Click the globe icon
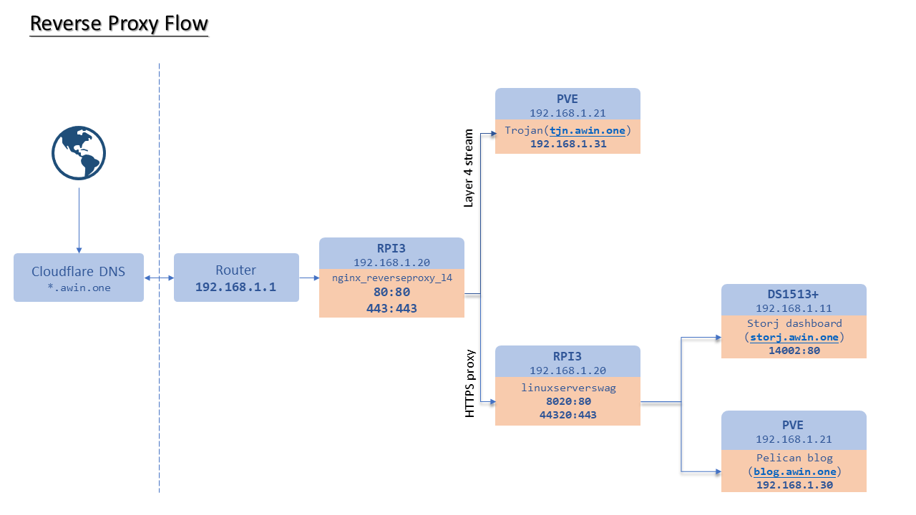[79, 152]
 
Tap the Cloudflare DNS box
[79, 277]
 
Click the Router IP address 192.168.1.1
[236, 287]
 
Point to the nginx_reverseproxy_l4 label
[391, 278]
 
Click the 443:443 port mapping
[391, 308]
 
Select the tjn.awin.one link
[589, 130]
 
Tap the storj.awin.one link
[794, 337]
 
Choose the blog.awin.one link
[794, 471]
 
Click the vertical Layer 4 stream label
[469, 168]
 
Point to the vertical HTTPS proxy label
[470, 383]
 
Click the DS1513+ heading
[794, 295]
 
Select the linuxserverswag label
[568, 388]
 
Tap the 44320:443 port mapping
[568, 415]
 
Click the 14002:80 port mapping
[794, 350]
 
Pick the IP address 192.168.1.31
[568, 144]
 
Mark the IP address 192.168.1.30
[794, 485]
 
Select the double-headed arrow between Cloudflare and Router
[159, 278]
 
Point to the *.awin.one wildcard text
[79, 288]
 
